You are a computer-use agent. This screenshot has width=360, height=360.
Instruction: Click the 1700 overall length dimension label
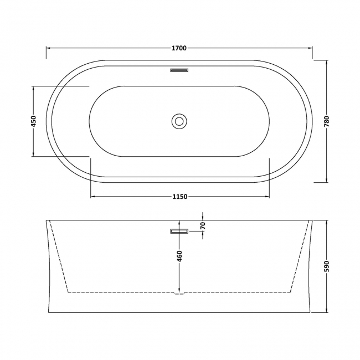(179, 48)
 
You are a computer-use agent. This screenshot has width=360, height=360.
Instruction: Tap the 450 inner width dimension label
(33, 121)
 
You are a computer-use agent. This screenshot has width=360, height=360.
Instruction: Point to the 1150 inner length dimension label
(179, 197)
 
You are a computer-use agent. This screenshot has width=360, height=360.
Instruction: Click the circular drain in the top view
(179, 121)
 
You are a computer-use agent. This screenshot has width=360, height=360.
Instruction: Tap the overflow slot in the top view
(179, 71)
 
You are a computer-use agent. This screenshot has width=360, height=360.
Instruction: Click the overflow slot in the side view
(179, 232)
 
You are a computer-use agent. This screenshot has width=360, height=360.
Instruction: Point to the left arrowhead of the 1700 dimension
(48, 48)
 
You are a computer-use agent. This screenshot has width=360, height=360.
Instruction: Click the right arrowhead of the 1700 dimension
(310, 48)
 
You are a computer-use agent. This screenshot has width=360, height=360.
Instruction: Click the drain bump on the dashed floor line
(179, 294)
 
